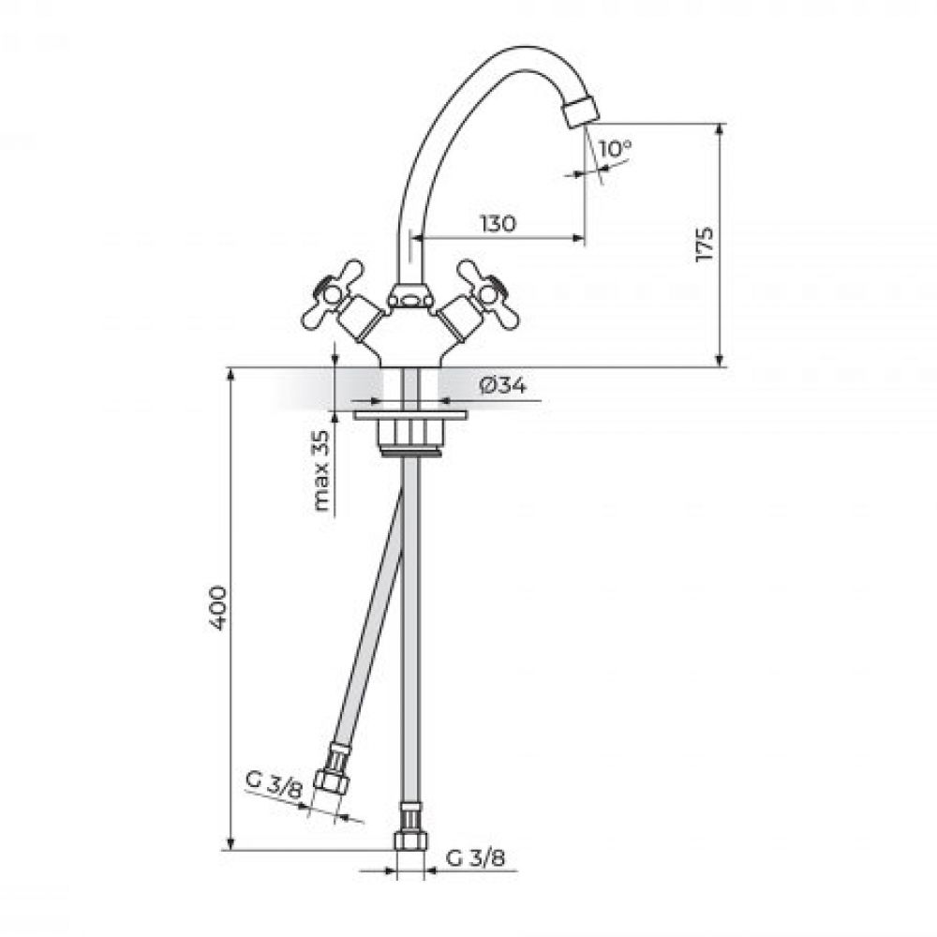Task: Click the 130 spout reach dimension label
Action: [498, 224]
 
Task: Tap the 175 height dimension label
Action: [705, 244]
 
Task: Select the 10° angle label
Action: [615, 148]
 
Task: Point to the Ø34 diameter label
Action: [502, 386]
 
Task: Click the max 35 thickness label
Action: [322, 471]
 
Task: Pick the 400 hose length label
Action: [218, 608]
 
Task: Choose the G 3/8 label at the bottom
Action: [476, 858]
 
